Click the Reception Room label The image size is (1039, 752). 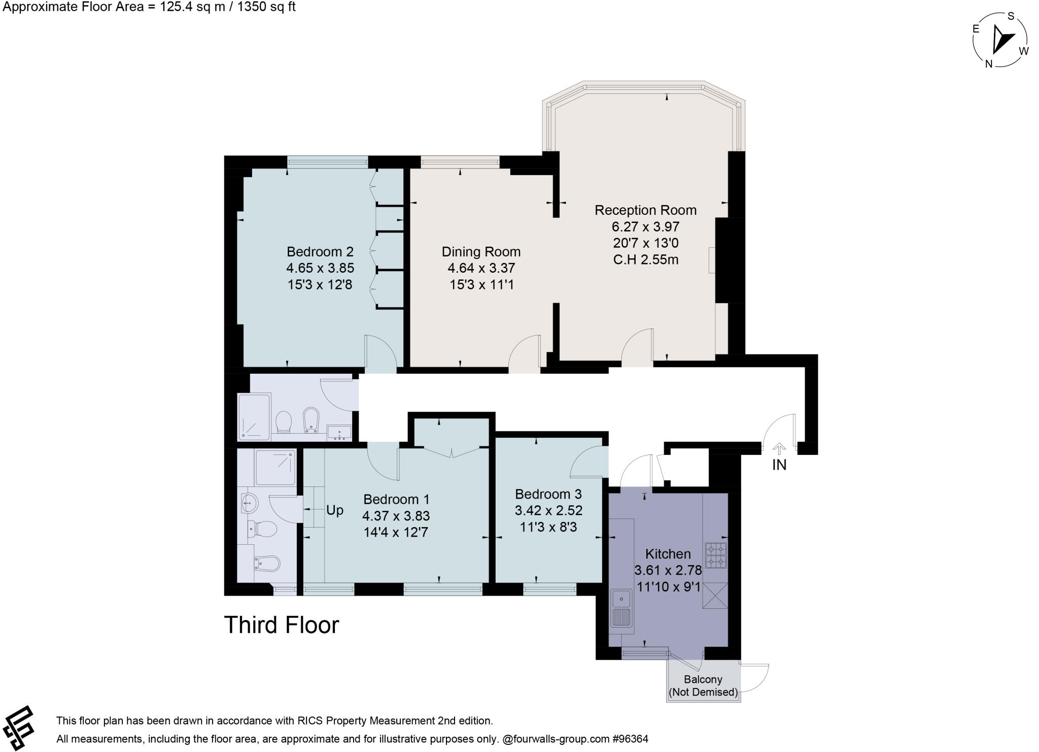point(645,210)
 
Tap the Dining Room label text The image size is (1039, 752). point(481,252)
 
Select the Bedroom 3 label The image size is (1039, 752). point(548,494)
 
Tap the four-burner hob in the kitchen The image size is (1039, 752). point(716,555)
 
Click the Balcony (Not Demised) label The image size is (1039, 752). point(703,685)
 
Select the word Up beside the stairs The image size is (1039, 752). point(335,510)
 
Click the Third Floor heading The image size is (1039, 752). point(282,625)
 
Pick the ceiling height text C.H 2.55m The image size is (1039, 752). point(645,260)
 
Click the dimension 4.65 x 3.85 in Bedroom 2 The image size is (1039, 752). point(320,268)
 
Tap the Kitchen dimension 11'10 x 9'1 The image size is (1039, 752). point(668,587)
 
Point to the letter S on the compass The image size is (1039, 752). point(1011,16)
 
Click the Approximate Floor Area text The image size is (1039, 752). point(149,7)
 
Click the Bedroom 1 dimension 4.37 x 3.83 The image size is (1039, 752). point(396,516)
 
